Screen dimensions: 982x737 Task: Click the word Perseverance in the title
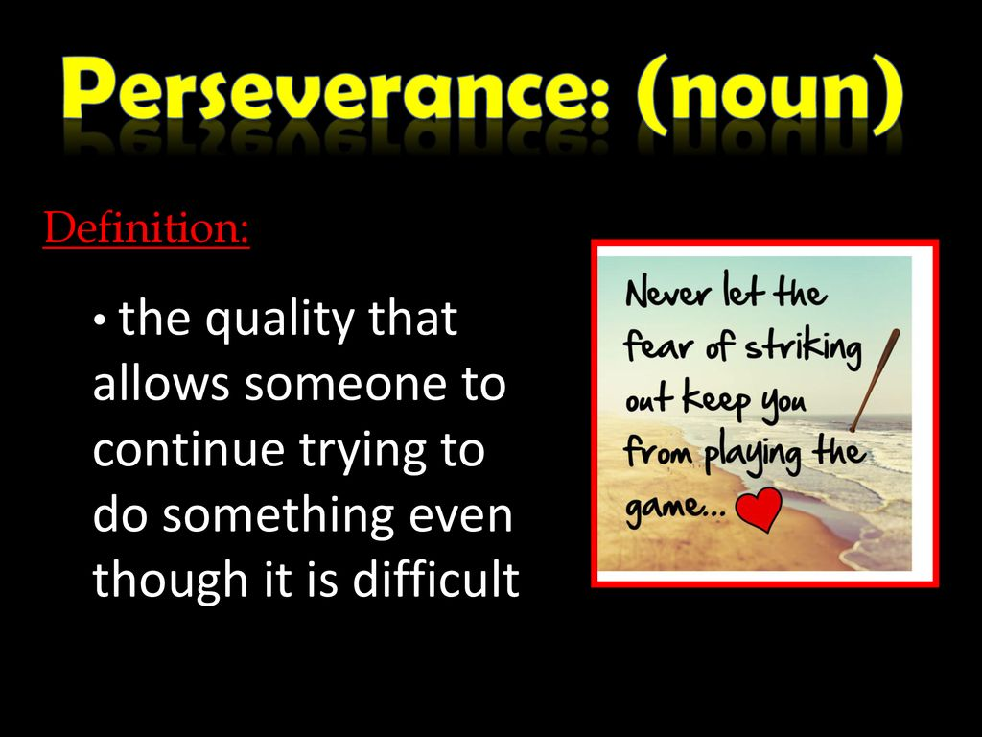336,89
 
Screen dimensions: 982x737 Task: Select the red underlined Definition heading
147,227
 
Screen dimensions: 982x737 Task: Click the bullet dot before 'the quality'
99,321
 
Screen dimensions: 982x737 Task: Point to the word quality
281,321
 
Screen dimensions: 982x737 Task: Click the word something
278,516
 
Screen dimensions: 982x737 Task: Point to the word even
460,517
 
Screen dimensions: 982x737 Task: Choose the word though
171,581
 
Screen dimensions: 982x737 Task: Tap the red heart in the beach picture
760,509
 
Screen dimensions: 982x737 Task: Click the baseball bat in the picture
875,380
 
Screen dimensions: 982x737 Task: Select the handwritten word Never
668,292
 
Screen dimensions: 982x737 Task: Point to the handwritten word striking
803,348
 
